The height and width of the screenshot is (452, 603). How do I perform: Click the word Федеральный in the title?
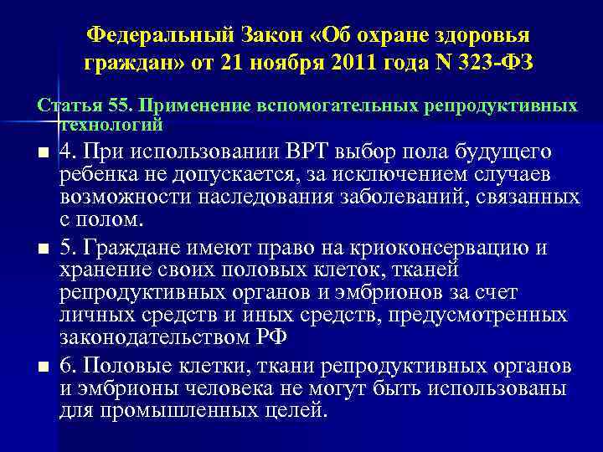(x=154, y=36)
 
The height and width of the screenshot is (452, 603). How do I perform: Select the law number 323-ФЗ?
(x=487, y=62)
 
